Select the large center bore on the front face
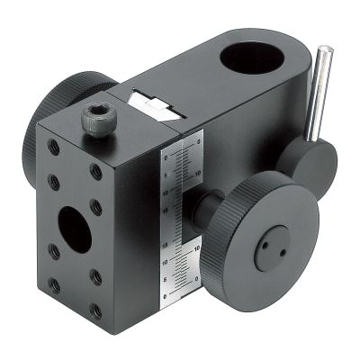[x=75, y=230]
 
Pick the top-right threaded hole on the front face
[x=96, y=171]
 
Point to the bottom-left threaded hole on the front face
[x=54, y=286]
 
